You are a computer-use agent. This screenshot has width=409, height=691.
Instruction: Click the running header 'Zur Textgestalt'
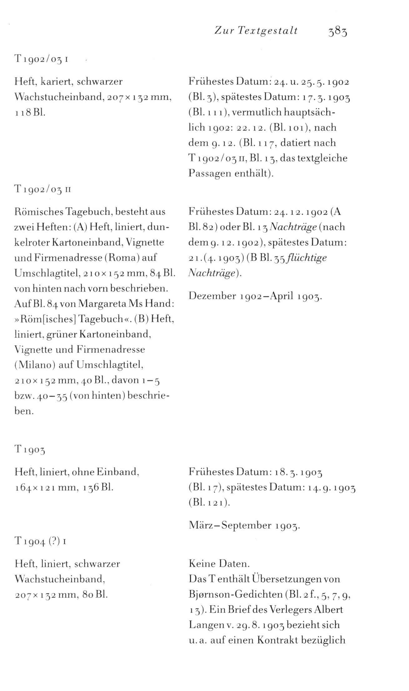[x=256, y=31]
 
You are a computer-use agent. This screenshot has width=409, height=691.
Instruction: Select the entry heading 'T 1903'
[x=30, y=450]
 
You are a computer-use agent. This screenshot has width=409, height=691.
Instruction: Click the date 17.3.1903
[x=326, y=97]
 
